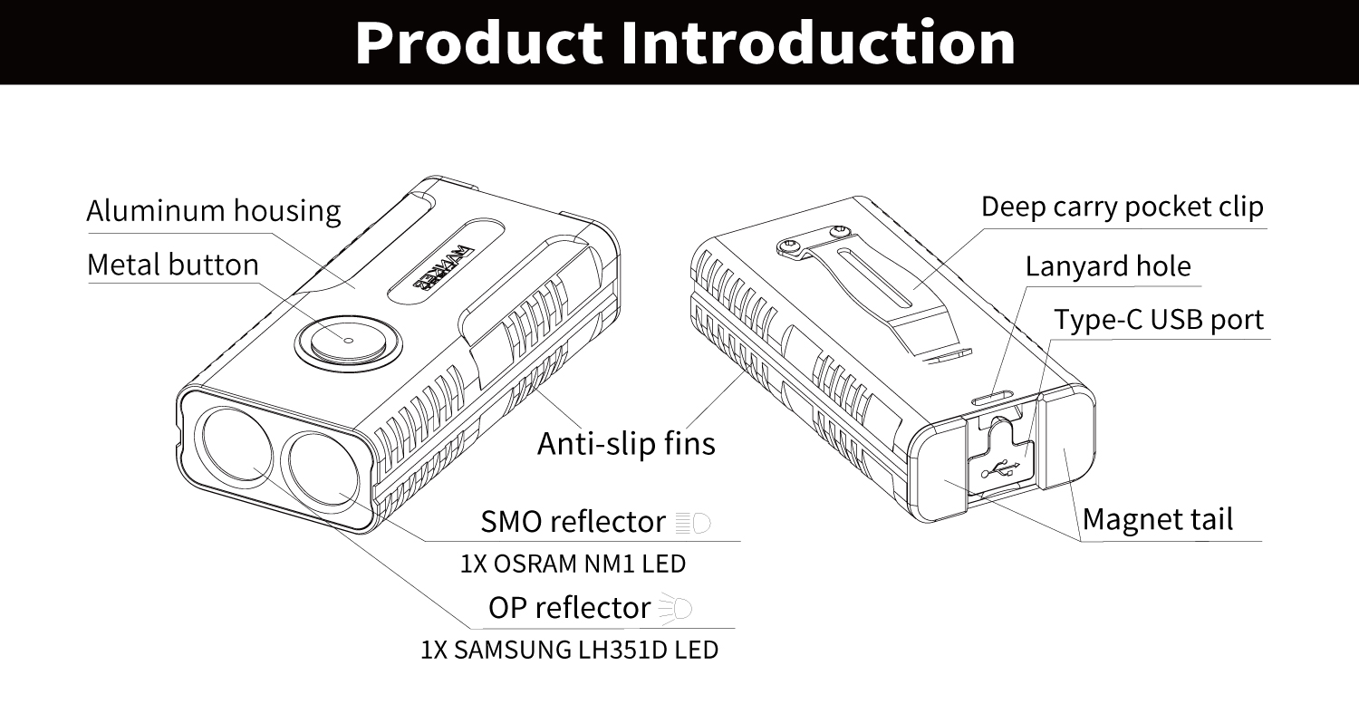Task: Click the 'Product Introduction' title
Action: coord(685,43)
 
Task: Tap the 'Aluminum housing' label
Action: coord(214,211)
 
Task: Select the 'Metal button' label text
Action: coord(173,265)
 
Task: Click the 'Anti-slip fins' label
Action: coord(626,443)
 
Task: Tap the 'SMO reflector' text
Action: coord(573,521)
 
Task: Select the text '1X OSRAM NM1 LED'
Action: coord(573,564)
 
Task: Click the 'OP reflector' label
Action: coord(569,607)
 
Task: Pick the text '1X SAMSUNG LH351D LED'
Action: coord(570,650)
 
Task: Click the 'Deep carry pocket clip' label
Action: coord(1123,207)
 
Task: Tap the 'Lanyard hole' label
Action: coord(1108,266)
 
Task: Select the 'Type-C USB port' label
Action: coord(1159,320)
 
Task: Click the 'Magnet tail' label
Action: coord(1158,519)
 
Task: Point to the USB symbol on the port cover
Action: coord(1002,468)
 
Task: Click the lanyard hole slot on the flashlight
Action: coord(993,399)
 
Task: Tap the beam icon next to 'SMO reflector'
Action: coord(693,523)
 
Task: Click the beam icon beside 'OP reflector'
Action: coord(675,608)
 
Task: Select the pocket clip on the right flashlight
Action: coord(873,293)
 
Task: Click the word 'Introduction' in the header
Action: coord(818,43)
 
